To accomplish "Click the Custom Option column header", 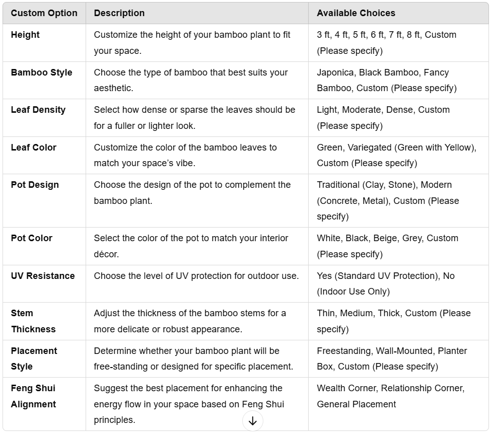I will tap(44, 13).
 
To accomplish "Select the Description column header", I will tap(119, 13).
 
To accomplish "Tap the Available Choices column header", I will tap(356, 13).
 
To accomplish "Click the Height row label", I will tap(25, 35).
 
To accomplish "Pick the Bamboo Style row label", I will tap(41, 73).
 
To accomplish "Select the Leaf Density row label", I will tap(38, 110).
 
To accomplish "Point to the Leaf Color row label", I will tap(34, 148).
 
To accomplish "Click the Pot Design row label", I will tap(35, 185).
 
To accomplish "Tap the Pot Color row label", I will tap(32, 238).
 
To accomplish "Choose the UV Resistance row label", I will tap(43, 276).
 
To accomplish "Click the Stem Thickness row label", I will tap(33, 321).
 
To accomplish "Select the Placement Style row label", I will tap(34, 358).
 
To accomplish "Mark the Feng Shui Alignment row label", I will tap(33, 396).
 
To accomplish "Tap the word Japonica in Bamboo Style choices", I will tap(336, 73).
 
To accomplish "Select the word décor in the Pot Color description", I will tap(106, 254).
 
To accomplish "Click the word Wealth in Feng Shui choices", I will tap(331, 388).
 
